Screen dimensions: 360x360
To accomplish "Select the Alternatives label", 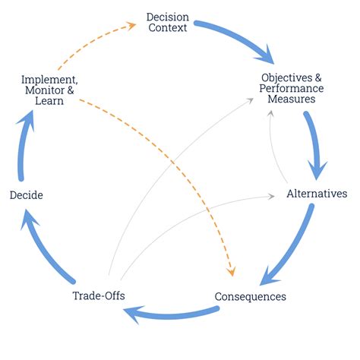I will tap(317, 194).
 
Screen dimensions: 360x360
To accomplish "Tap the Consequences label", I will tap(250, 296).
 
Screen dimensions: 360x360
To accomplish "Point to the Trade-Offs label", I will tap(98, 295).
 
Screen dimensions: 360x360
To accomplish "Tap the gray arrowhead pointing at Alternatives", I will tap(273, 196).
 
